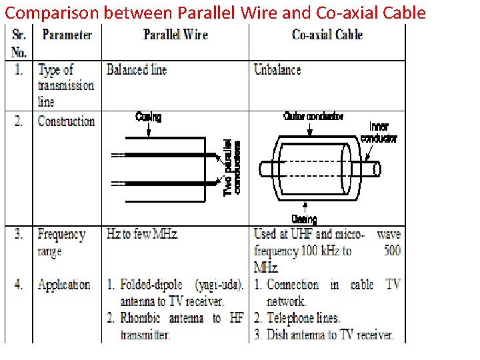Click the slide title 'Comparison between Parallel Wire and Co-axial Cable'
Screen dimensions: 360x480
(215, 13)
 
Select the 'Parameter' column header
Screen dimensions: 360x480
(67, 35)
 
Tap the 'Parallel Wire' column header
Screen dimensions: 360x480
(175, 35)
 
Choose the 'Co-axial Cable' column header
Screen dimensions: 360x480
(327, 35)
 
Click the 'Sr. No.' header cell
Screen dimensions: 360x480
(19, 43)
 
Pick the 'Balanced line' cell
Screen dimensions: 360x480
(137, 70)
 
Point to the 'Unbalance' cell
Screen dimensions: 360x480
(277, 70)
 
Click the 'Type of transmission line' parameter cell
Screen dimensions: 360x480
(65, 85)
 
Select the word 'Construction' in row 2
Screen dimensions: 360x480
(66, 121)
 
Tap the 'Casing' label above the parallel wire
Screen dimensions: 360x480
(148, 117)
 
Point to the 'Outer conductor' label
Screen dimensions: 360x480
(313, 117)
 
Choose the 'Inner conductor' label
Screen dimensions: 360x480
(379, 133)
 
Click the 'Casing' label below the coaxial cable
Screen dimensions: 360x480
(304, 219)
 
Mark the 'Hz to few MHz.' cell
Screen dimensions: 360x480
(143, 235)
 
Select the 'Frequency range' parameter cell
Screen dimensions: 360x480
(61, 243)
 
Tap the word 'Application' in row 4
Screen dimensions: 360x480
(64, 285)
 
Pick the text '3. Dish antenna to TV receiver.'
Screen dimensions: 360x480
(325, 335)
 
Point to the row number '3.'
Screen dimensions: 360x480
(19, 235)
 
